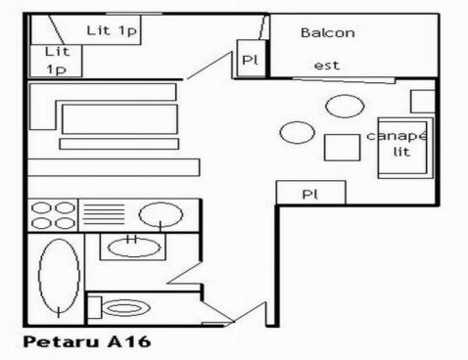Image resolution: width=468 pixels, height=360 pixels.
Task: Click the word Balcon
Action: [x=327, y=33]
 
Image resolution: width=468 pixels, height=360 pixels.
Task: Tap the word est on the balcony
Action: [x=326, y=66]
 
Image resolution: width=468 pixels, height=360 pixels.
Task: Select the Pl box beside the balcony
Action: [x=250, y=59]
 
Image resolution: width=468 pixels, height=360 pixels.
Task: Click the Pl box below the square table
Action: [x=310, y=193]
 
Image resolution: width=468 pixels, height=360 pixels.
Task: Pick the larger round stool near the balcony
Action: [x=344, y=106]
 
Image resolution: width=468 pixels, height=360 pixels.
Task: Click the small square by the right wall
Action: [x=422, y=100]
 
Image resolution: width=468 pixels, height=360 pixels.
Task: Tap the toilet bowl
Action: [x=124, y=309]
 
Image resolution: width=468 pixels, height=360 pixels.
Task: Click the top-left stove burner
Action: [x=41, y=207]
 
